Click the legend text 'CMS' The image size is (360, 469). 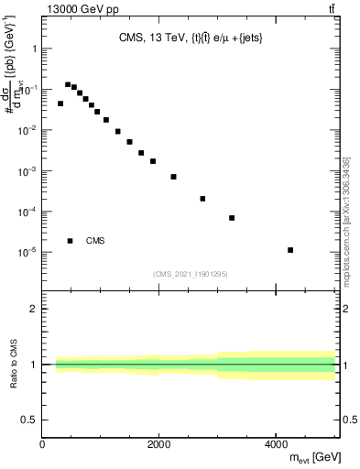tap(95, 241)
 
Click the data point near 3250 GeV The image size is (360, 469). tap(232, 218)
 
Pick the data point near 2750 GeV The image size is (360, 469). tap(202, 199)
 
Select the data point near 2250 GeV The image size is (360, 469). tap(173, 177)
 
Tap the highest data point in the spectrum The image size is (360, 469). tap(68, 84)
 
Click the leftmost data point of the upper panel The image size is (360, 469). tap(60, 104)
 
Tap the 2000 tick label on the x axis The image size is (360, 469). tap(159, 443)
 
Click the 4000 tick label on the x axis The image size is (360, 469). tap(276, 443)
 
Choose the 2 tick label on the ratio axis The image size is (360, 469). tap(34, 309)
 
